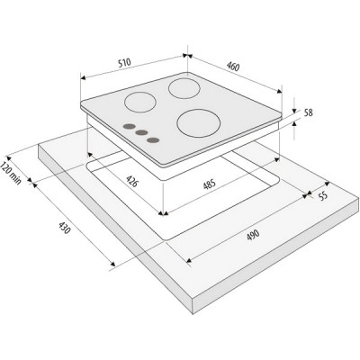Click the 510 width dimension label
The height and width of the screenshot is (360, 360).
(x=124, y=63)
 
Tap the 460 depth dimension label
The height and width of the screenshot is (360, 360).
(x=233, y=67)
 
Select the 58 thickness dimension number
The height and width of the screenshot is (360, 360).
(x=309, y=112)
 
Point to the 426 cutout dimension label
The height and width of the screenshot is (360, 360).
(x=132, y=181)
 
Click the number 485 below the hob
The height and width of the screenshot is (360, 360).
(x=210, y=184)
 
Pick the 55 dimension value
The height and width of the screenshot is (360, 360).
(x=323, y=196)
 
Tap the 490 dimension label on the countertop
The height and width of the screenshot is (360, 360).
(x=253, y=235)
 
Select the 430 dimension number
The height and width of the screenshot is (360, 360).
(x=65, y=228)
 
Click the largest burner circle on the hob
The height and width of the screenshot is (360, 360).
(x=199, y=123)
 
